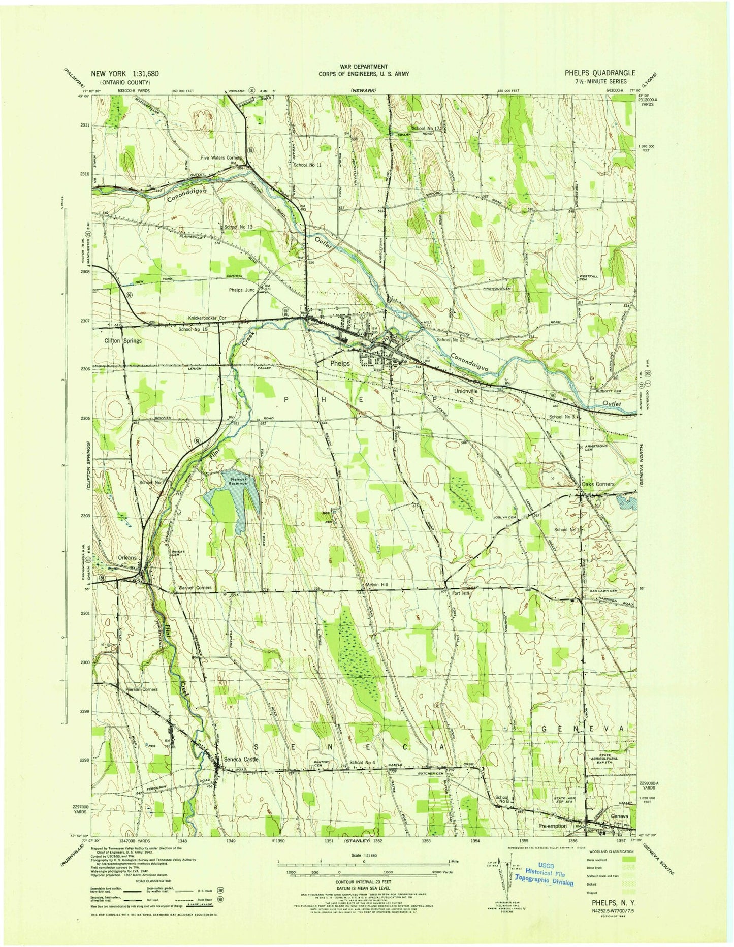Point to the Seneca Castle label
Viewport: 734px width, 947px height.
click(241, 760)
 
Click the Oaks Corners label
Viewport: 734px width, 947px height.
click(597, 484)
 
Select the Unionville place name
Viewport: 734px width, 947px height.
click(466, 392)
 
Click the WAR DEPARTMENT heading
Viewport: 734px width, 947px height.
click(364, 67)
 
